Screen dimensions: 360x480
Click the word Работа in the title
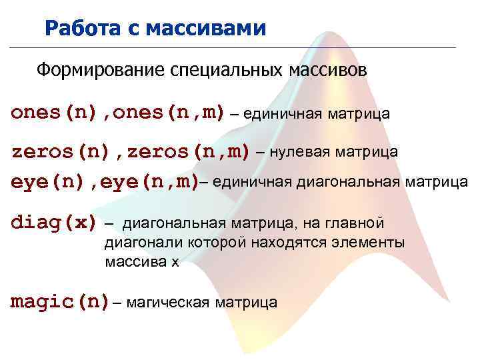pyautogui.click(x=75, y=29)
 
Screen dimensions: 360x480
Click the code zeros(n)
pyautogui.click(x=61, y=152)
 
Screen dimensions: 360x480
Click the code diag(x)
pyautogui.click(x=53, y=223)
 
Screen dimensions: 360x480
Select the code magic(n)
pyautogui.click(x=60, y=302)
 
